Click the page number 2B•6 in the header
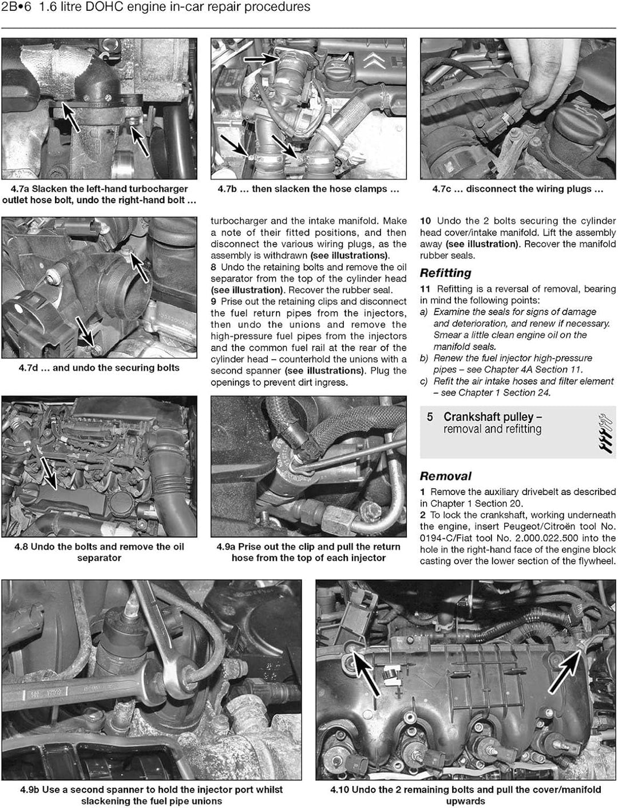(x=16, y=7)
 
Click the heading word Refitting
(x=445, y=273)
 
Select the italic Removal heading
(x=445, y=476)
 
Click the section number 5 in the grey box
(x=430, y=417)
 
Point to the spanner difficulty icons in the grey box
(x=605, y=433)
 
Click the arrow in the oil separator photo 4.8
(x=48, y=473)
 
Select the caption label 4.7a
(x=20, y=189)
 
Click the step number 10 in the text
(x=425, y=221)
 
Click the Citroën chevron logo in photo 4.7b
(x=374, y=60)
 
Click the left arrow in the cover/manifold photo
(x=365, y=676)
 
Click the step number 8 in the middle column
(x=213, y=267)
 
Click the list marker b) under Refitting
(x=423, y=358)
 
